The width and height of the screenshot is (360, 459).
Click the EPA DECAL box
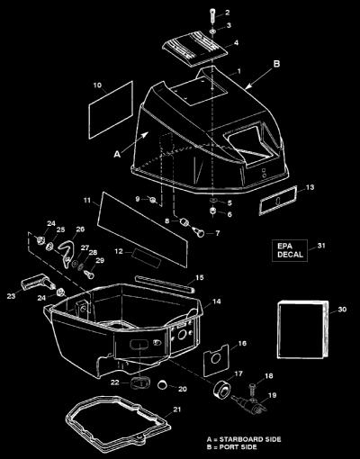pyautogui.click(x=290, y=251)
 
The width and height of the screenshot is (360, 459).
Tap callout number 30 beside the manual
pyautogui.click(x=342, y=310)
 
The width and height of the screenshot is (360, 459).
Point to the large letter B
pyautogui.click(x=276, y=64)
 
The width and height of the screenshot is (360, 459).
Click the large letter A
pyautogui.click(x=117, y=154)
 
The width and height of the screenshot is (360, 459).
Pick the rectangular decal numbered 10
pyautogui.click(x=111, y=110)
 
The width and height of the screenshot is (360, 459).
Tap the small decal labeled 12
pyautogui.click(x=146, y=258)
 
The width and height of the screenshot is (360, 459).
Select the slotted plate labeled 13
pyautogui.click(x=278, y=200)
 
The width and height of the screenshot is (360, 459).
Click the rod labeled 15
pyautogui.click(x=165, y=283)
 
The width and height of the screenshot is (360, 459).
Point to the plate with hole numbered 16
pyautogui.click(x=216, y=360)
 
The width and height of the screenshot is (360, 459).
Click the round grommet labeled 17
pyautogui.click(x=221, y=389)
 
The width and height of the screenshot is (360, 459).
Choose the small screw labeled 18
pyautogui.click(x=252, y=390)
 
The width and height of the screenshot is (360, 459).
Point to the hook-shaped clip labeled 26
pyautogui.click(x=67, y=252)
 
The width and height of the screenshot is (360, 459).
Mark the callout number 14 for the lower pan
pyautogui.click(x=217, y=301)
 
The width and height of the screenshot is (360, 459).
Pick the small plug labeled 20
pyautogui.click(x=163, y=384)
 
